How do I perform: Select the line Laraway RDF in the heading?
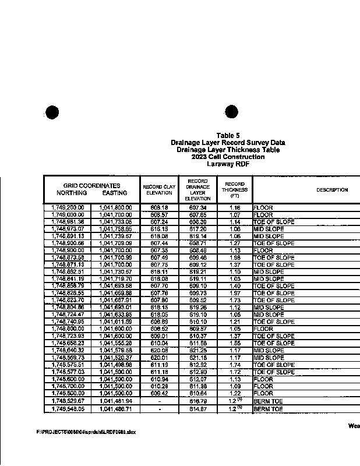click(228, 164)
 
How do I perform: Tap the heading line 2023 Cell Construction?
click(228, 157)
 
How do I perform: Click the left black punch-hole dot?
click(52, 112)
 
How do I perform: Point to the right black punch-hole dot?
click(231, 112)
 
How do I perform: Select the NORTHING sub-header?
click(72, 193)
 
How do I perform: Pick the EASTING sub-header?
click(114, 193)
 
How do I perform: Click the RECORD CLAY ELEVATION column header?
click(159, 189)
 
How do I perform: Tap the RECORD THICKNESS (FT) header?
click(234, 189)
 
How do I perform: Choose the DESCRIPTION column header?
click(332, 190)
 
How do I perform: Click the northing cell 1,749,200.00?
click(68, 207)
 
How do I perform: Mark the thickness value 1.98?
click(234, 257)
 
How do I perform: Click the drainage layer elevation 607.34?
click(198, 207)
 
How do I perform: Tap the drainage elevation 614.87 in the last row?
click(198, 409)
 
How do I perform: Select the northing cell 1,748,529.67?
click(68, 401)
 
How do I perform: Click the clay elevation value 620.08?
click(159, 351)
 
